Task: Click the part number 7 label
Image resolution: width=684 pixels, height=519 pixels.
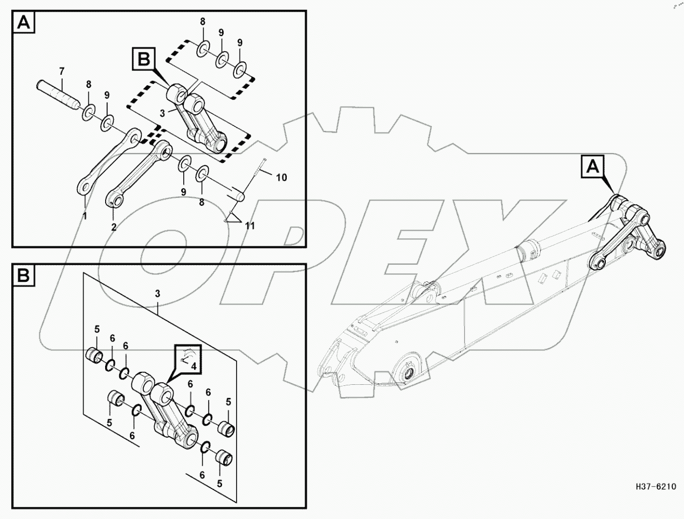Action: [61, 71]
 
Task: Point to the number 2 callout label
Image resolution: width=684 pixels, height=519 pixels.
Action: [114, 227]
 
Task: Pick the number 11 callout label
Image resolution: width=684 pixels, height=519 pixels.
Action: [250, 226]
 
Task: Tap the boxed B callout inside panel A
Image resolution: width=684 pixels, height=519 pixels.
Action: [144, 59]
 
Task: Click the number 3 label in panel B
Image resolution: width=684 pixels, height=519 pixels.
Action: [157, 293]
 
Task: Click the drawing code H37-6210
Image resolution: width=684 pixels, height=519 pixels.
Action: [655, 486]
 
